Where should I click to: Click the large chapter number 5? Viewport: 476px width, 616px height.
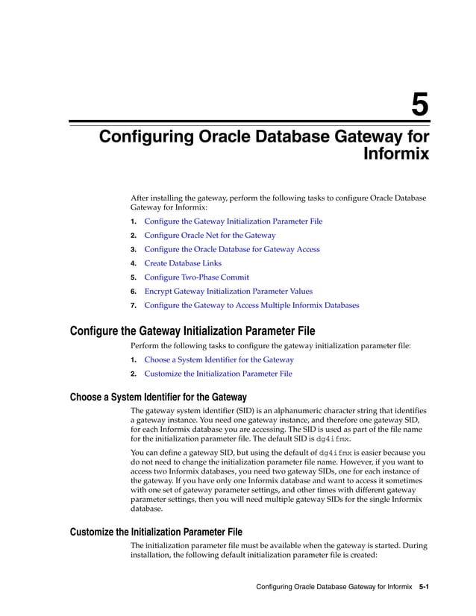point(420,104)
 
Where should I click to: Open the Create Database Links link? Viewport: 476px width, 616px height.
point(182,263)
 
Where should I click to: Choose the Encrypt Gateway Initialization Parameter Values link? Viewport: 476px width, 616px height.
point(228,292)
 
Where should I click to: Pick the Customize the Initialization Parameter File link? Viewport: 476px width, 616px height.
point(218,374)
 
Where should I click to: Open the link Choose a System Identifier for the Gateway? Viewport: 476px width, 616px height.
point(219,359)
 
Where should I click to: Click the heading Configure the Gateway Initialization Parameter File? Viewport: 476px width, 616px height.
point(192,331)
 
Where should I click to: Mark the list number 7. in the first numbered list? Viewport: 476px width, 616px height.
point(134,306)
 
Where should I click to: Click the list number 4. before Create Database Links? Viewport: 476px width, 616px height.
point(134,264)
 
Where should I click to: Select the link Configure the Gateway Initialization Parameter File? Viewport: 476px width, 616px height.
point(233,221)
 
